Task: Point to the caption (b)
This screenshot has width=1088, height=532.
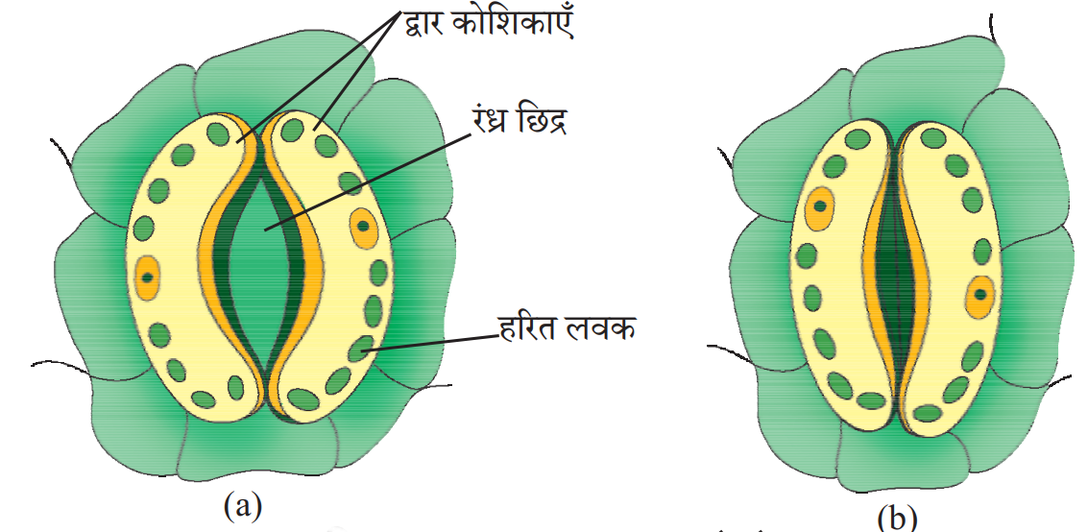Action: [897, 519]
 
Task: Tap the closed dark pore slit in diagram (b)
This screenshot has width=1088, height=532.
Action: [898, 278]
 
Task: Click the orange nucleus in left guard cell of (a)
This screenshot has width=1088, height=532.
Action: [147, 277]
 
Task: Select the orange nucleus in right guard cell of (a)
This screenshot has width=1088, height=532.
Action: [363, 227]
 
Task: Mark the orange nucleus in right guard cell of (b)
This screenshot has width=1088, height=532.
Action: [980, 295]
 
